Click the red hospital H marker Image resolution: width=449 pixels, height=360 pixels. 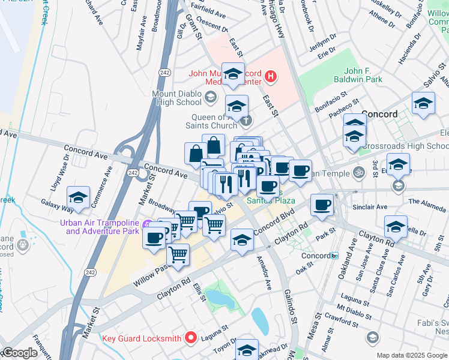click(x=271, y=76)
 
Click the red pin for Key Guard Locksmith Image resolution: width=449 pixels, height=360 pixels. click(x=191, y=337)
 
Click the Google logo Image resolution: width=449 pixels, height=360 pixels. click(x=19, y=353)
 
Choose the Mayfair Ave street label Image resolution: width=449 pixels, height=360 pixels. click(x=143, y=37)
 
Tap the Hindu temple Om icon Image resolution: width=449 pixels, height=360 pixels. click(x=358, y=172)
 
